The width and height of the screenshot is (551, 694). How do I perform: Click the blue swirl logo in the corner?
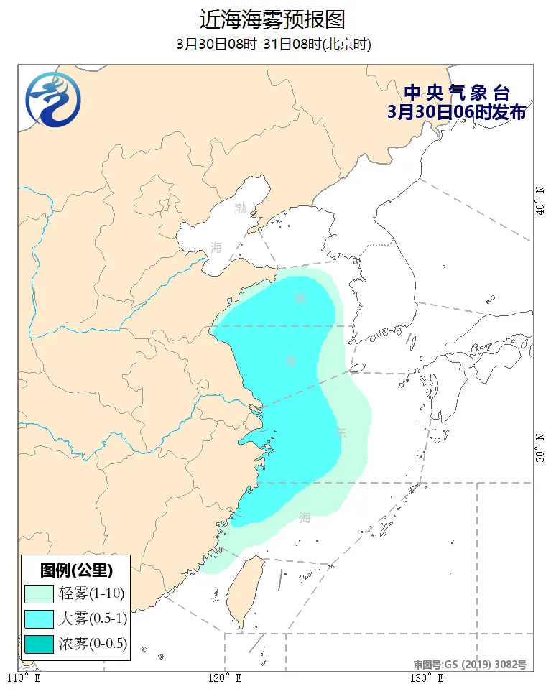coord(52,99)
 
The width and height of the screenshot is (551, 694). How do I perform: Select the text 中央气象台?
coord(456,93)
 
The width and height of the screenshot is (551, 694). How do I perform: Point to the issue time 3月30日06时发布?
coord(456,112)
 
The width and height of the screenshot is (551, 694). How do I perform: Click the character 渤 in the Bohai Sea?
coord(240,208)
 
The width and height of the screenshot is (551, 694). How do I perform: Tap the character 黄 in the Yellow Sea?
coord(300,297)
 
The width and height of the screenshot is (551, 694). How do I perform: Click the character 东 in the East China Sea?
coord(341,433)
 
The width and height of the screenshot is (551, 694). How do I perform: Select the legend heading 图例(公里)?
coord(76,571)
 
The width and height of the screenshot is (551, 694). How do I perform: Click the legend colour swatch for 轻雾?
coord(39,593)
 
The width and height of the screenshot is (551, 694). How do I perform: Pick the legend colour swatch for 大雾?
coord(39,619)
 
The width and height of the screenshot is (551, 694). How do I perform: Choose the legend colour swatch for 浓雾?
coord(39,644)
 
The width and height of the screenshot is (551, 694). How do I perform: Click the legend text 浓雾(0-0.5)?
coord(93,644)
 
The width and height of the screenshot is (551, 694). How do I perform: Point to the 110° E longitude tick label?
coord(24,678)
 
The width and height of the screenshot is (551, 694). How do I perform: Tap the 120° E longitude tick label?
coord(225,678)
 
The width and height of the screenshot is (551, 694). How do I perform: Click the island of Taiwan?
coord(244,589)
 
